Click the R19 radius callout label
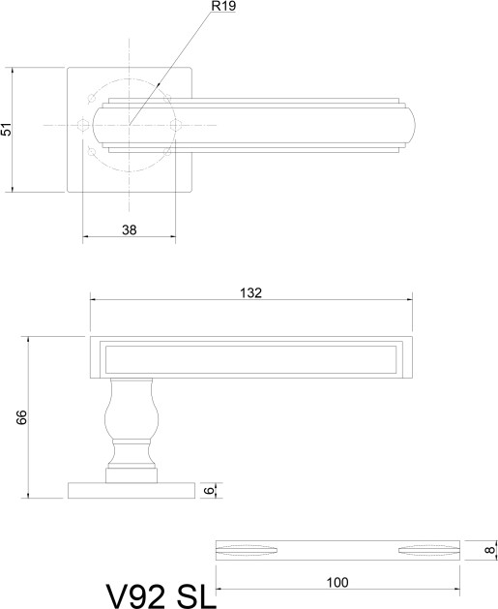223,6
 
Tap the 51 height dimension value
7,130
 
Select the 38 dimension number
130,229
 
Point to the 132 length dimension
251,292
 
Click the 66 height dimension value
21,417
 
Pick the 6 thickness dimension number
209,491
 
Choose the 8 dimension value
490,550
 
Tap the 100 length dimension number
337,583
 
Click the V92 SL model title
161,596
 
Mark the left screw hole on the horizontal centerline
82,126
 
